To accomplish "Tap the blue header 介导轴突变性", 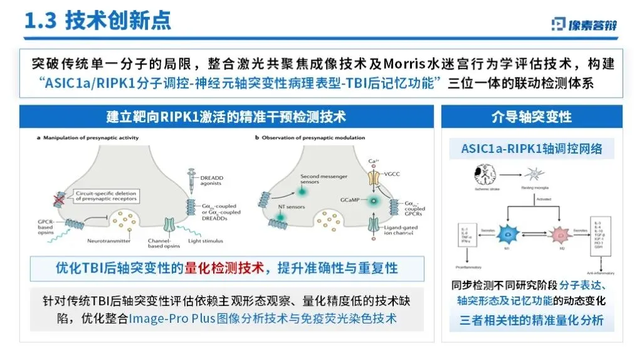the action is (x=531, y=117).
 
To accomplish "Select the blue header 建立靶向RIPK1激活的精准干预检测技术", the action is (x=226, y=117).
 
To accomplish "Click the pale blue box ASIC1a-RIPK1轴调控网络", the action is (x=532, y=149).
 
